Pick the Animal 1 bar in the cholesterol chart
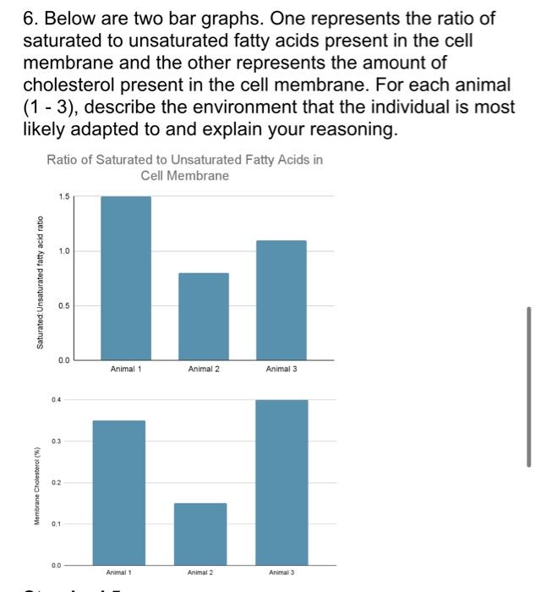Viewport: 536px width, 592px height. pos(119,491)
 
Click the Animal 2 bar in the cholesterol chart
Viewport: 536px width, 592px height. pos(200,533)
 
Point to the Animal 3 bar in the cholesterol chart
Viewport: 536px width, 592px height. pos(282,481)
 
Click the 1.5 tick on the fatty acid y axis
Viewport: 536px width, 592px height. pos(64,197)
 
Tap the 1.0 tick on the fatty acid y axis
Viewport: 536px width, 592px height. pos(64,251)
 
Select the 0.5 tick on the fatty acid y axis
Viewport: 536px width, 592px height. pos(64,305)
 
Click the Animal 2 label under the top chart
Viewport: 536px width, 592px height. pos(203,369)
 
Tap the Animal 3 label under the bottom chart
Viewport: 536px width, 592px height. pos(282,573)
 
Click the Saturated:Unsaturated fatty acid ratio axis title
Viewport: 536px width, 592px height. pos(39,282)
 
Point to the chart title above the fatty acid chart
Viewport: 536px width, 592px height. pos(184,167)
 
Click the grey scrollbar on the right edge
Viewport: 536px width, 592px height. pos(529,386)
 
